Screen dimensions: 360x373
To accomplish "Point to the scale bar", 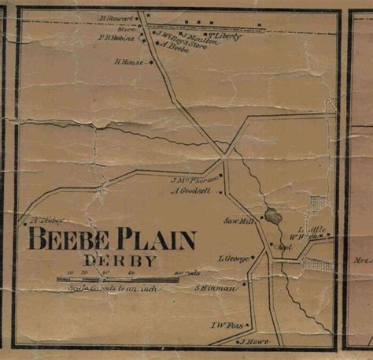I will (109, 279).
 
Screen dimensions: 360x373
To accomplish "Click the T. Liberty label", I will (223, 36).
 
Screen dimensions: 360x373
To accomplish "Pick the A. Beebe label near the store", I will (175, 46).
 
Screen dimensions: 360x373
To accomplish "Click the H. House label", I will (127, 61).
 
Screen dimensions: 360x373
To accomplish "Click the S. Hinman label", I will (216, 288).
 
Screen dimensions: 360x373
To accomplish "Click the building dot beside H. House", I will (144, 61).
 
